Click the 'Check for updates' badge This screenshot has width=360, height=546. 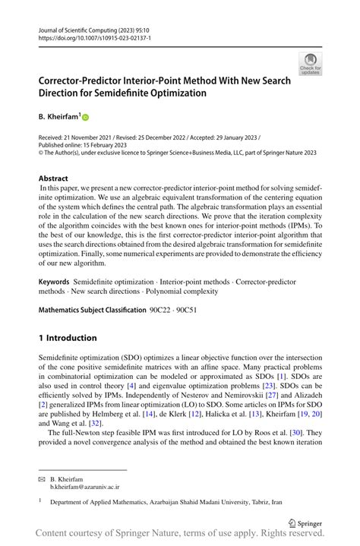(310, 64)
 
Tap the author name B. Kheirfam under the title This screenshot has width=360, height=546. (57, 117)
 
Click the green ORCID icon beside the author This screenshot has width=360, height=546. (85, 118)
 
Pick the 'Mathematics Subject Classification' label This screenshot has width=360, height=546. (92, 310)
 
